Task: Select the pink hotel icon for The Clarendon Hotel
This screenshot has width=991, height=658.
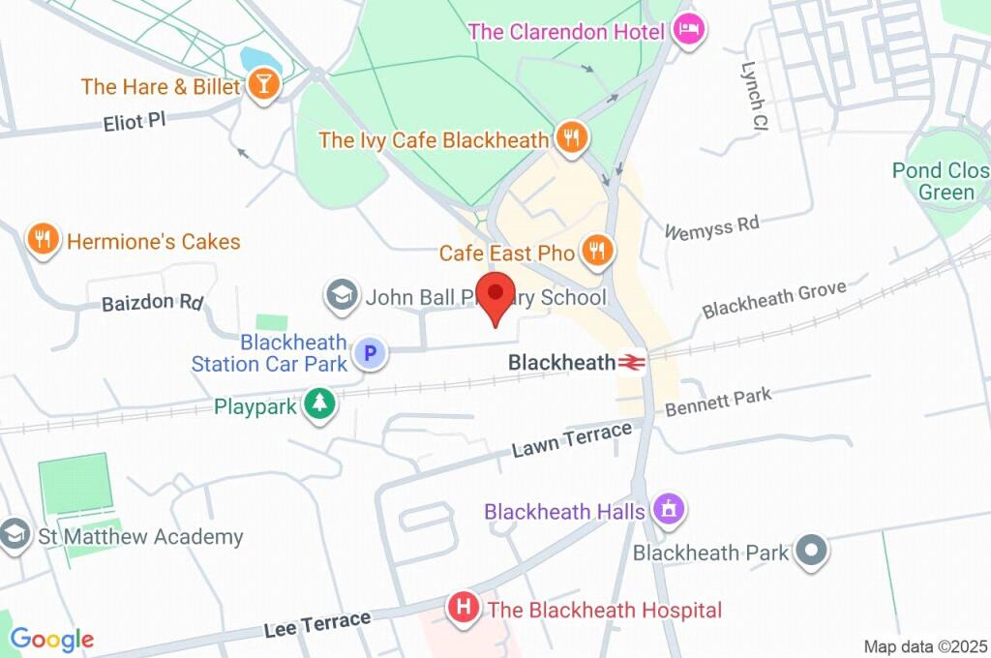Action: pos(689,30)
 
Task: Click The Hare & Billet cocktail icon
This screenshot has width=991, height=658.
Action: pos(262,86)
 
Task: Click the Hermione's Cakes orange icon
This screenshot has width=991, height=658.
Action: pos(43,240)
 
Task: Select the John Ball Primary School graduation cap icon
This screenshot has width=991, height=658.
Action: pos(341,296)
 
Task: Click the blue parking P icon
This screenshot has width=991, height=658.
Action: pos(369,354)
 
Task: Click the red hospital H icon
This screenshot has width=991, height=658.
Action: pos(465,609)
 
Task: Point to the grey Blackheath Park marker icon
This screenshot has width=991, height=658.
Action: pos(810,553)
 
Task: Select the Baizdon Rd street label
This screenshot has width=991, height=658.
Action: pos(152,303)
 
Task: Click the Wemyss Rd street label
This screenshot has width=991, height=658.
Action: pos(712,226)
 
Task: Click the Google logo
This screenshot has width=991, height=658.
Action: pos(51,639)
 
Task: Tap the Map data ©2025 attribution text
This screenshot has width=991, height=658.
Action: pos(924,645)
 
